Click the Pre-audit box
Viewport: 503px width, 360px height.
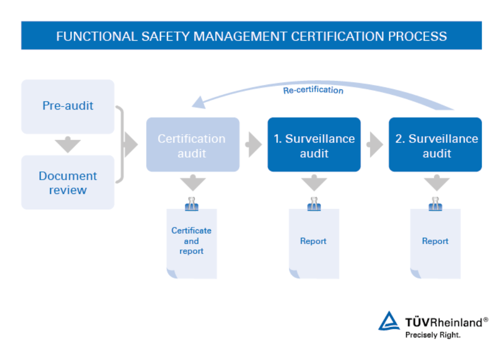click(x=68, y=106)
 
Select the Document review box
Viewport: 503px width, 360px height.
click(x=68, y=182)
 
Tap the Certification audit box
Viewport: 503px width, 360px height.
click(x=193, y=145)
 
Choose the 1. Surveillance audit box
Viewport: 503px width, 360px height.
click(x=314, y=145)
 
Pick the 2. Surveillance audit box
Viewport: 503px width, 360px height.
click(x=436, y=145)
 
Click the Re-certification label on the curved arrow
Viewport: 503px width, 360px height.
click(x=313, y=90)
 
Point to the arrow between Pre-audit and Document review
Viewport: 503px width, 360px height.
click(x=68, y=145)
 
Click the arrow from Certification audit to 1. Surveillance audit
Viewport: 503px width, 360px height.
click(x=253, y=145)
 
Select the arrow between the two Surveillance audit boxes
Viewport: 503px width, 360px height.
click(x=375, y=145)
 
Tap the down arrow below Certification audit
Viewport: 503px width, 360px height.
click(x=193, y=184)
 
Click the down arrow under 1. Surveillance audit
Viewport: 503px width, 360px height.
click(x=314, y=184)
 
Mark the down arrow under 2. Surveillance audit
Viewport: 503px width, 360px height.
click(x=436, y=184)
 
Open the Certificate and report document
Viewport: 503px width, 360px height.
click(x=192, y=243)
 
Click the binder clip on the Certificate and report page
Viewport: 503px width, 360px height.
click(x=192, y=204)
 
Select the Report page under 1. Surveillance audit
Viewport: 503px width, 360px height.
click(x=313, y=243)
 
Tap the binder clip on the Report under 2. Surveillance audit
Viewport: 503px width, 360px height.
click(x=435, y=204)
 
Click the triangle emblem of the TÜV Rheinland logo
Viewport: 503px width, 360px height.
click(x=389, y=321)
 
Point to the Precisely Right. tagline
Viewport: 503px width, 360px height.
click(x=432, y=335)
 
